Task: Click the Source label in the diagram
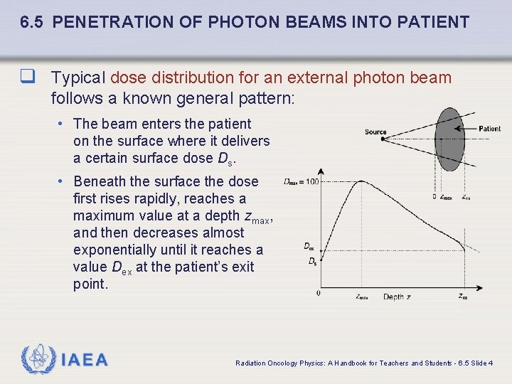coord(375,132)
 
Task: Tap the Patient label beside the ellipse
coord(489,129)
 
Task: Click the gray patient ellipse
coord(449,139)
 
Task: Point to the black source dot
coord(382,139)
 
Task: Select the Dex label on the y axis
coord(309,247)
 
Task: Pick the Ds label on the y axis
coord(311,262)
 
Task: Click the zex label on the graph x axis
coord(463,297)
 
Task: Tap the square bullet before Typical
coord(28,77)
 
